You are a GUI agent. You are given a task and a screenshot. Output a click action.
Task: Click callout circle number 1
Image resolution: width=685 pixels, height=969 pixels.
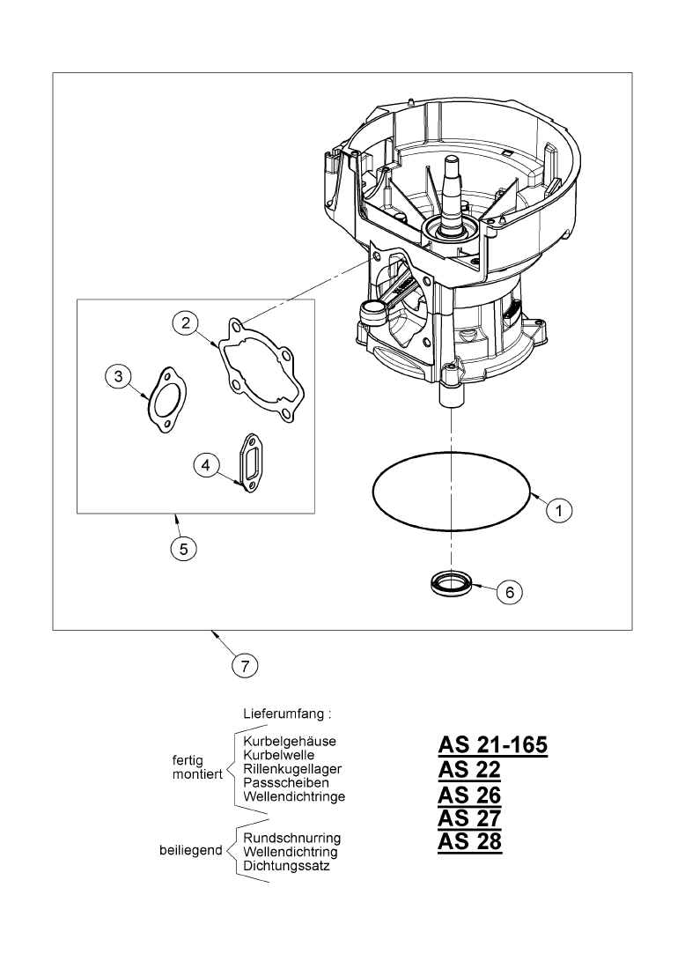coord(560,508)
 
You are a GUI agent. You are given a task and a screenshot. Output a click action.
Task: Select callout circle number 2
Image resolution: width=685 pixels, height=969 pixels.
coord(185,323)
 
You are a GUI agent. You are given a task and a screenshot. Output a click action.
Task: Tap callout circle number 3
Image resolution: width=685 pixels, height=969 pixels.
coord(117,377)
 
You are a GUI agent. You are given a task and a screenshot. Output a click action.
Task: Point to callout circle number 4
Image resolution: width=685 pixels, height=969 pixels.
coord(205,464)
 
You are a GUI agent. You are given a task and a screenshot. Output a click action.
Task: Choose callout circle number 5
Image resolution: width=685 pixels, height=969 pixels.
coord(183,548)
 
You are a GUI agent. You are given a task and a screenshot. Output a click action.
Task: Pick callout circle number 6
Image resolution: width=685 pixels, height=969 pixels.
coord(508,591)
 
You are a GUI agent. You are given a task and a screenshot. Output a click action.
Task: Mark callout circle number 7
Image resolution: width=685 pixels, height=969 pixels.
coord(245,664)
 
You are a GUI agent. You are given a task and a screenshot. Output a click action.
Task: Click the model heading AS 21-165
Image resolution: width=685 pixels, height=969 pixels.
coord(492,745)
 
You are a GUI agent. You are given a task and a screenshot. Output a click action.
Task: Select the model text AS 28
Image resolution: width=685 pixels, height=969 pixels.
coord(469,841)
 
